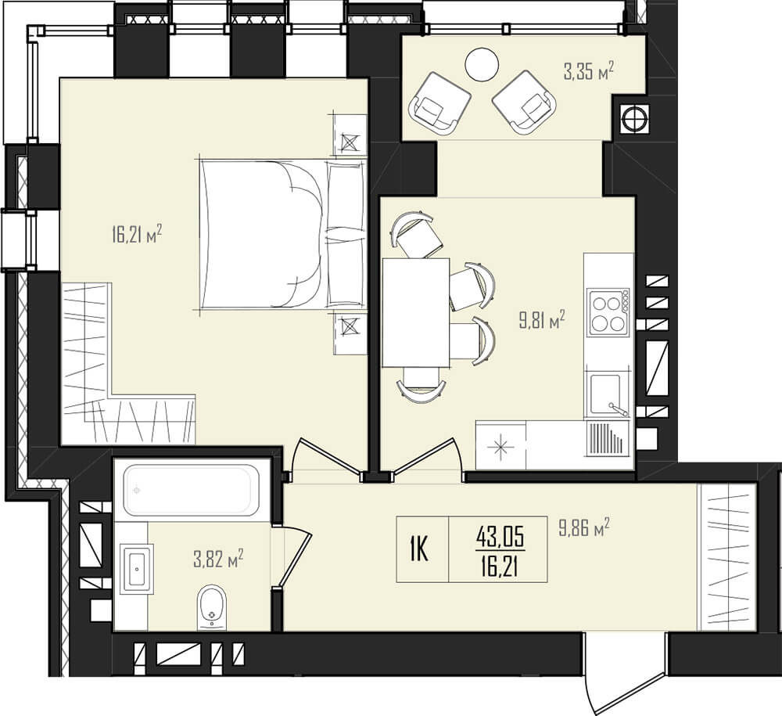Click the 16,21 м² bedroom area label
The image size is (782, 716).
[x=137, y=233]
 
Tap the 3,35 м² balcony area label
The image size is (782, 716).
[x=589, y=71]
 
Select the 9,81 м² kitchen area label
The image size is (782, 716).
[x=542, y=320]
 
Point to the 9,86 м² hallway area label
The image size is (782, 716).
[x=584, y=527]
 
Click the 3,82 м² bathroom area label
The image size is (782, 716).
[x=218, y=559]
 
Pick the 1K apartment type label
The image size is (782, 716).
[x=419, y=549]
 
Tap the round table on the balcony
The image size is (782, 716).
[x=482, y=64]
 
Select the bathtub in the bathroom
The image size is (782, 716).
[x=189, y=491]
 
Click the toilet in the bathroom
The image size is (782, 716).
[x=212, y=607]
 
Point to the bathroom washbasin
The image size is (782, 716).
[x=136, y=567]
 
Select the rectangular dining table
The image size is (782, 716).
[x=416, y=312]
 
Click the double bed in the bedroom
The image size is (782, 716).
[x=282, y=233]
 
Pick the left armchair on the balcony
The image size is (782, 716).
[x=439, y=103]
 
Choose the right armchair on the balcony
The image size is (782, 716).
[x=524, y=103]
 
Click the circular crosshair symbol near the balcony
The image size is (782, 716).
[x=635, y=119]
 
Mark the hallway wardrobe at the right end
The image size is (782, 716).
[x=728, y=556]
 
